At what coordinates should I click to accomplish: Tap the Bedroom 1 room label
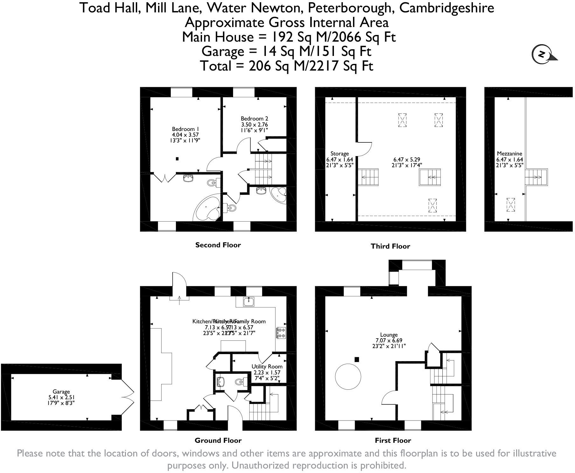[x=185, y=129]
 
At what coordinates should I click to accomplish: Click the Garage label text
[x=61, y=392]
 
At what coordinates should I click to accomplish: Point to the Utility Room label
[x=267, y=367]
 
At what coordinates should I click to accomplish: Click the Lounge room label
[x=389, y=335]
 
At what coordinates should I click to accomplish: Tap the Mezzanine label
[x=509, y=154]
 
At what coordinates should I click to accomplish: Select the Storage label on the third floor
[x=339, y=154]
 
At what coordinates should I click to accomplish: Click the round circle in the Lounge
[x=348, y=376]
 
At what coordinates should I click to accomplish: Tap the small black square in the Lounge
[x=357, y=360]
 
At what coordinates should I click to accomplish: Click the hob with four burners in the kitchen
[x=281, y=332]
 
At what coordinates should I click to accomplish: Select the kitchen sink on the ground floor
[x=249, y=301]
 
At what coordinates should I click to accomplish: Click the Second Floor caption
[x=218, y=245]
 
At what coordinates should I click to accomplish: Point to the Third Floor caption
[x=390, y=246]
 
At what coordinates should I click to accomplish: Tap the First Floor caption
[x=393, y=441]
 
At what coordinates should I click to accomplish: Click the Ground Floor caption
[x=218, y=441]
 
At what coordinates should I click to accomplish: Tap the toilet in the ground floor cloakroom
[x=240, y=382]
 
